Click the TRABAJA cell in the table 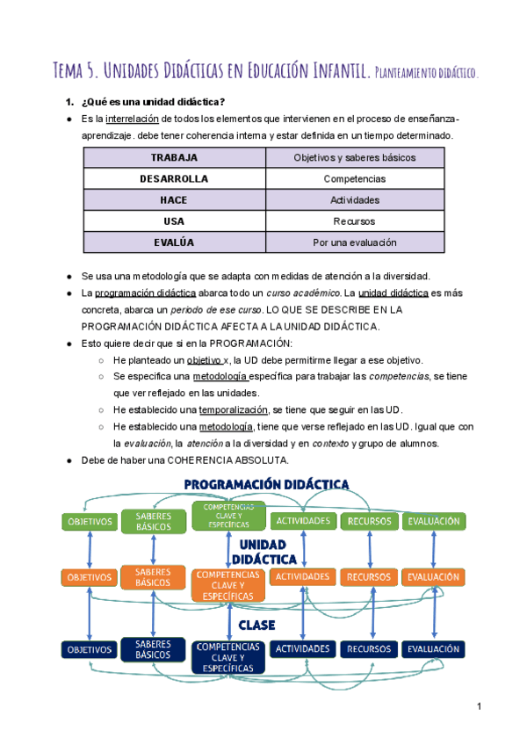pyautogui.click(x=174, y=158)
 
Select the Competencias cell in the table pyautogui.click(x=355, y=179)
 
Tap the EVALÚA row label pyautogui.click(x=174, y=242)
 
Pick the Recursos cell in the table pyautogui.click(x=355, y=221)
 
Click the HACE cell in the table pyautogui.click(x=174, y=200)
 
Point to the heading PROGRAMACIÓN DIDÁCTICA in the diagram pyautogui.click(x=266, y=484)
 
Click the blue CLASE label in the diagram pyautogui.click(x=256, y=625)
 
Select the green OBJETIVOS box pyautogui.click(x=90, y=522)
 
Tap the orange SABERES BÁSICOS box pyautogui.click(x=154, y=577)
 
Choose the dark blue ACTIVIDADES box pyautogui.click(x=303, y=649)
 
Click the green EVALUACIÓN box pyautogui.click(x=434, y=521)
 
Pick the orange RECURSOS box pyautogui.click(x=369, y=577)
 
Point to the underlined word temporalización pyautogui.click(x=235, y=410)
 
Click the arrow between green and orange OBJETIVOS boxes pyautogui.click(x=90, y=550)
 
